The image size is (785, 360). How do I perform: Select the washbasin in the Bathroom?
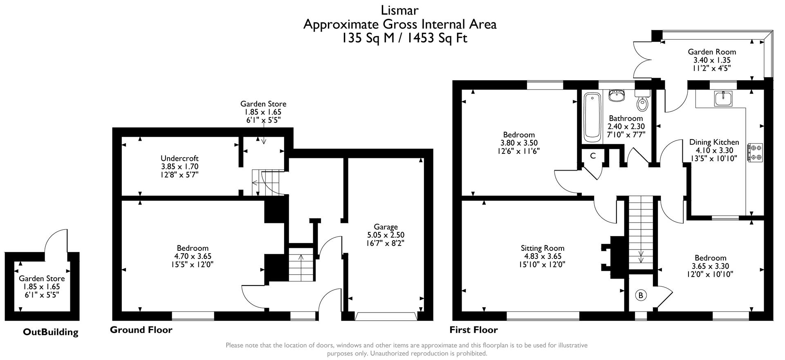coord(616,96)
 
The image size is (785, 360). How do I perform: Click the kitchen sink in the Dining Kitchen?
coord(725,99)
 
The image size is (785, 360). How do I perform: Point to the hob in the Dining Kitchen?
coord(755,152)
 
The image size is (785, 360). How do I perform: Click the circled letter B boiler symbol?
coord(641,295)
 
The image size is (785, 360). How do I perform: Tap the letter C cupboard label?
coord(592,156)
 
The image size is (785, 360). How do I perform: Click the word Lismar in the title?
coord(399,9)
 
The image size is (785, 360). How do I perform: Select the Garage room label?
coord(386,227)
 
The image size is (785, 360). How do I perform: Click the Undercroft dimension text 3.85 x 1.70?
coord(179,166)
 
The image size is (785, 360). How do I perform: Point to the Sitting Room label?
coord(542,248)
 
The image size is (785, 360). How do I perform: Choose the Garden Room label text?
coord(712,52)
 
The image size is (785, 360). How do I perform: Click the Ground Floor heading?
coord(141,330)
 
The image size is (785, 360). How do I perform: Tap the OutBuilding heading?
coord(50,332)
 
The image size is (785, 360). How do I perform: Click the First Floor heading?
coord(473,330)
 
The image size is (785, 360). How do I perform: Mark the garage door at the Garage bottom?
coord(386,316)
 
